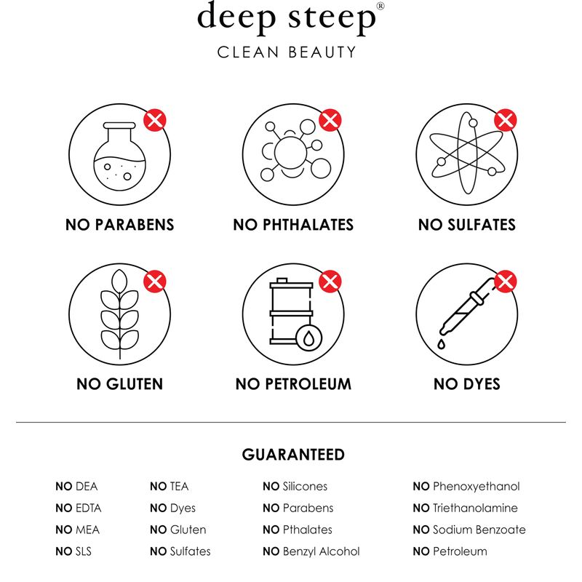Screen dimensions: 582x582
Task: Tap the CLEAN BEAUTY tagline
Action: pyautogui.click(x=287, y=52)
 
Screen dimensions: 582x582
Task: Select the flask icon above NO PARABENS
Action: pyautogui.click(x=119, y=156)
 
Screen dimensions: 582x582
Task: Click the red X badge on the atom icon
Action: pyautogui.click(x=505, y=120)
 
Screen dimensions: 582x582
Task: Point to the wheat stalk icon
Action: pyautogui.click(x=119, y=314)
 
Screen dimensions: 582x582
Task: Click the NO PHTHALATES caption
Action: pyautogui.click(x=293, y=225)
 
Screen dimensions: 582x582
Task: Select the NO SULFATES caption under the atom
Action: pyautogui.click(x=467, y=225)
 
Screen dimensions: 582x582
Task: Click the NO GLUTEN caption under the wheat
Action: pyautogui.click(x=119, y=384)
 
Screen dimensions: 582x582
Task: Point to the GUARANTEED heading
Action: pyautogui.click(x=293, y=455)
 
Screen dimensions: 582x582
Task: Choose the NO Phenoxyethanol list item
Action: pyautogui.click(x=466, y=487)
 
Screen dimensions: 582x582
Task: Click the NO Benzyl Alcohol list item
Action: pyautogui.click(x=311, y=551)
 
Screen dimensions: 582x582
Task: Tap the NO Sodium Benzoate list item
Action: pyautogui.click(x=469, y=530)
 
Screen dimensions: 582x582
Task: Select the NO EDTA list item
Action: pyautogui.click(x=79, y=508)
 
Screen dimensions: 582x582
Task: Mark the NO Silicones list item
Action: pyautogui.click(x=295, y=486)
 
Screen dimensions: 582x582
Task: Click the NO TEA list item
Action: pyautogui.click(x=170, y=486)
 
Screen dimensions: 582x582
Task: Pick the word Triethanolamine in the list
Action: pyautogui.click(x=476, y=508)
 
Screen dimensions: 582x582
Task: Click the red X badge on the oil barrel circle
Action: pyautogui.click(x=330, y=282)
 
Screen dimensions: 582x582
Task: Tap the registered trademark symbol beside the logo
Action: pyautogui.click(x=380, y=6)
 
